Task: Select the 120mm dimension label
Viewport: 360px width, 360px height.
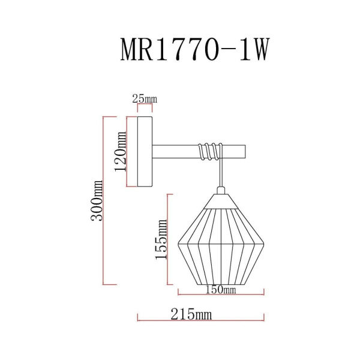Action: [x=120, y=152]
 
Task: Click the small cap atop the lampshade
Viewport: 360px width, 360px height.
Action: [x=221, y=191]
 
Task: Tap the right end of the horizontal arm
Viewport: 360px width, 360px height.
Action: [x=244, y=151]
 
